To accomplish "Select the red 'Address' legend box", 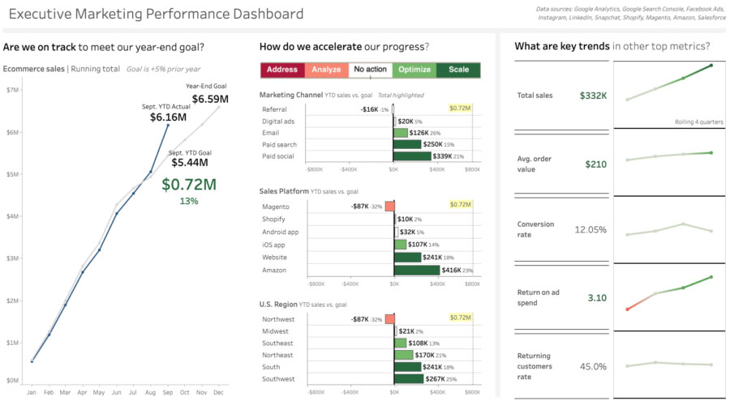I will click(x=282, y=70).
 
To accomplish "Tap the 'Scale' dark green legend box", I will click(x=458, y=70).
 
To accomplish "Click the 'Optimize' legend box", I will click(x=414, y=70).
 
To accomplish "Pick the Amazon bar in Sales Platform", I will click(x=416, y=270).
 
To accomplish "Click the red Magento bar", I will click(x=389, y=207).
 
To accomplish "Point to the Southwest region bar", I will click(x=408, y=378).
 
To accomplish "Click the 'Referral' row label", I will click(x=274, y=109).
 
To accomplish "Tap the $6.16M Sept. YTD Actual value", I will click(x=170, y=117).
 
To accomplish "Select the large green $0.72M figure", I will click(x=189, y=184).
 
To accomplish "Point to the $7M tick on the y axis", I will click(x=12, y=90).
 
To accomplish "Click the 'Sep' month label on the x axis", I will click(x=168, y=392).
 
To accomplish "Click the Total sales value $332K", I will click(x=593, y=96).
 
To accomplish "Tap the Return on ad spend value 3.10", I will click(x=596, y=297).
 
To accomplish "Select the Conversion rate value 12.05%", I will click(x=590, y=229).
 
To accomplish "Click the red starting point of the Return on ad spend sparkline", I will click(x=627, y=309).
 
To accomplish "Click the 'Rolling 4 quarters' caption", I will click(x=698, y=122).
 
